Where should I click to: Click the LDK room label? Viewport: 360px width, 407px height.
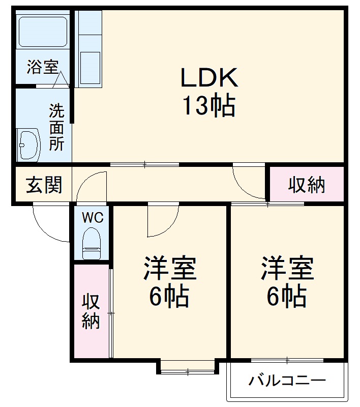click(x=209, y=77)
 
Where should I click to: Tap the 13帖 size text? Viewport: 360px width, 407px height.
click(x=209, y=106)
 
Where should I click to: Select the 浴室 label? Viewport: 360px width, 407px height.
click(x=43, y=67)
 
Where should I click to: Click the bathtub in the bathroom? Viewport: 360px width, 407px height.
click(x=43, y=32)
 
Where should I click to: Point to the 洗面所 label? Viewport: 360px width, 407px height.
click(x=57, y=127)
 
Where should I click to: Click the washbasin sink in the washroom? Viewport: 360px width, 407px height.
click(x=29, y=145)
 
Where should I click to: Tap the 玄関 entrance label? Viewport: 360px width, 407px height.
click(x=44, y=185)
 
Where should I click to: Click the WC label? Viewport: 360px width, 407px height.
click(x=93, y=218)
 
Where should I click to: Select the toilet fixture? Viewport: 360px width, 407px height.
click(x=92, y=244)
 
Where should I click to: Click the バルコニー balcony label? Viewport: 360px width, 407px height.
click(x=287, y=381)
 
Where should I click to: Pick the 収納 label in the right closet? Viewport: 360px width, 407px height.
click(x=307, y=185)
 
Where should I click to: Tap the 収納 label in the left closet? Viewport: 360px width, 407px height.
click(x=91, y=312)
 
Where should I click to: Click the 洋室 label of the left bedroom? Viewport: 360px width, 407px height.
click(x=170, y=268)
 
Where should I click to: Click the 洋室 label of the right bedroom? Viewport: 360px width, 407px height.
click(x=287, y=268)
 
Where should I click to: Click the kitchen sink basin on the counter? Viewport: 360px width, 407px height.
click(x=90, y=68)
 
